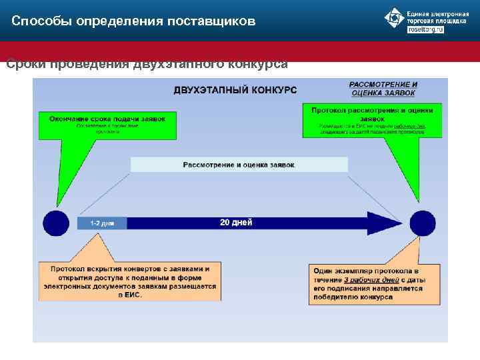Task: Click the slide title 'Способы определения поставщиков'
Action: pyautogui.click(x=133, y=21)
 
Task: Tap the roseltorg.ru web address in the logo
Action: pyautogui.click(x=425, y=30)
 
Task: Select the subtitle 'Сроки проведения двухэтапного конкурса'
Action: pyautogui.click(x=147, y=64)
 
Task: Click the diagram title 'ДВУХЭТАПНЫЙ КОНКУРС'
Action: pyautogui.click(x=235, y=89)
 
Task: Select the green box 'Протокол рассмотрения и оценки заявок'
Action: pyautogui.click(x=372, y=120)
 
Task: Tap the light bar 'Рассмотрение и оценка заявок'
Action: pyautogui.click(x=239, y=164)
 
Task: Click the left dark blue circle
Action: pyautogui.click(x=56, y=223)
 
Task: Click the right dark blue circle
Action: pyautogui.click(x=423, y=223)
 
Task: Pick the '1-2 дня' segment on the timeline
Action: pyautogui.click(x=102, y=223)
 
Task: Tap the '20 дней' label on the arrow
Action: pyautogui.click(x=236, y=223)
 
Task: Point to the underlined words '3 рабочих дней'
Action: pyautogui.click(x=364, y=281)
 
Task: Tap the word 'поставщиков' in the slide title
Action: pyautogui.click(x=214, y=21)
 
